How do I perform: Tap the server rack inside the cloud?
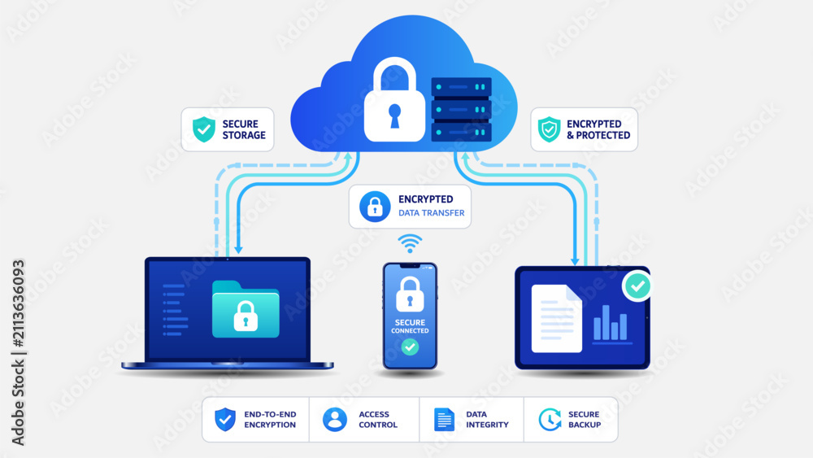pos(462,110)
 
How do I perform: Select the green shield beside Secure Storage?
pos(204,129)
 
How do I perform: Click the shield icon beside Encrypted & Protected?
pos(549,129)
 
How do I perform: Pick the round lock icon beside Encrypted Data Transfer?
pos(375,207)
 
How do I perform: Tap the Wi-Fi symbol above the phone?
pos(410,242)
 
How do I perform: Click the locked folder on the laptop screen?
pos(246,309)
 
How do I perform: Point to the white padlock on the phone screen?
pos(410,294)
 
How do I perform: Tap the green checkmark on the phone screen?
pos(410,347)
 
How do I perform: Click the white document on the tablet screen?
pos(556,318)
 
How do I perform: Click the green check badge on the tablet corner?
pos(637,286)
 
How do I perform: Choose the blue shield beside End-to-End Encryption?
pos(225,419)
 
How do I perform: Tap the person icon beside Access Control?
pos(335,419)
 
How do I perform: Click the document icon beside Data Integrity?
pos(444,419)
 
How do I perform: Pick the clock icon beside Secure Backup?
pos(550,419)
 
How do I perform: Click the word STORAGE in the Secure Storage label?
pos(244,135)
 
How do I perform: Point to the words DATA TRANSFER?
pos(432,212)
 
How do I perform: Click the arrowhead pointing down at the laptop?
pos(238,250)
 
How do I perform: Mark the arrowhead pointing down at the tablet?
pos(575,261)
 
